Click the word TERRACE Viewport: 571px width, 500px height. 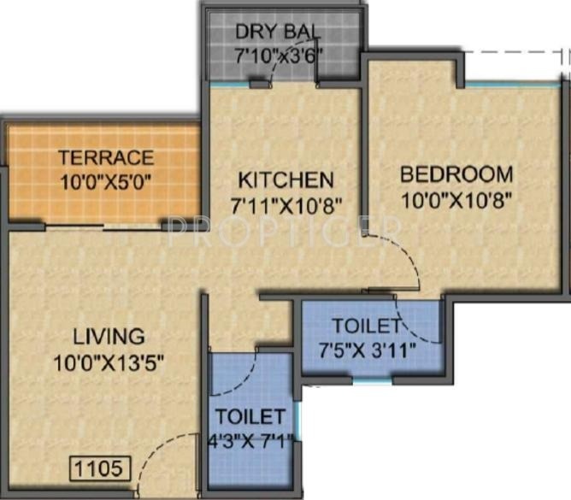coord(106,158)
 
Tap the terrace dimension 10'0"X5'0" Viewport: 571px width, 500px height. coord(106,182)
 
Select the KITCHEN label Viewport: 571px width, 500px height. coord(285,180)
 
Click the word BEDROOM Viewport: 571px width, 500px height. coord(457,174)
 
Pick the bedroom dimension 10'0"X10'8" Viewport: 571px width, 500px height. coord(457,199)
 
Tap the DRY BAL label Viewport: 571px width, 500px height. coord(279,32)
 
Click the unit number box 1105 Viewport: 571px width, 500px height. coord(100,468)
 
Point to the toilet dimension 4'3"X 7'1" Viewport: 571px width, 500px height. coord(250,442)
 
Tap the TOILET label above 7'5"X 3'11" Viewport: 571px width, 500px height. coord(366,326)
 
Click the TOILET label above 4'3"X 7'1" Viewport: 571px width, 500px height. coord(250,417)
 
